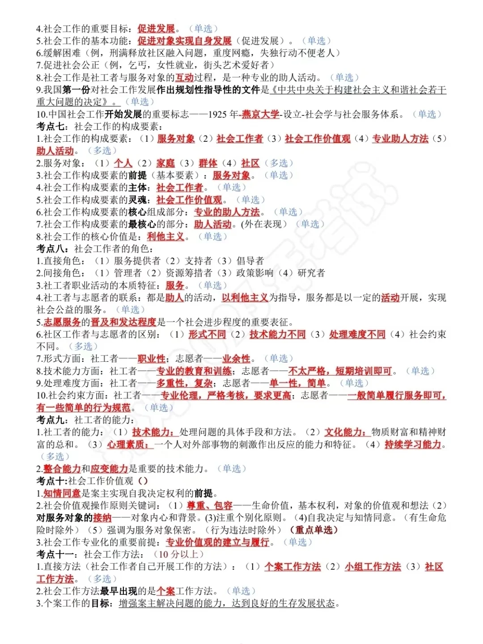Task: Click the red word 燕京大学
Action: coord(260,114)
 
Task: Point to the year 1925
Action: coord(217,114)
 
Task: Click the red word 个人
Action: coord(123,163)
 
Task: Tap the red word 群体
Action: coord(208,163)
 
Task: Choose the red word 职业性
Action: coord(151,359)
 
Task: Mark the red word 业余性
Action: coord(236,359)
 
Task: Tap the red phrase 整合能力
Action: coord(62,469)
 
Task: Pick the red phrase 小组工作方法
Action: coord(373,567)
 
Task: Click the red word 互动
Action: coord(184,77)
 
